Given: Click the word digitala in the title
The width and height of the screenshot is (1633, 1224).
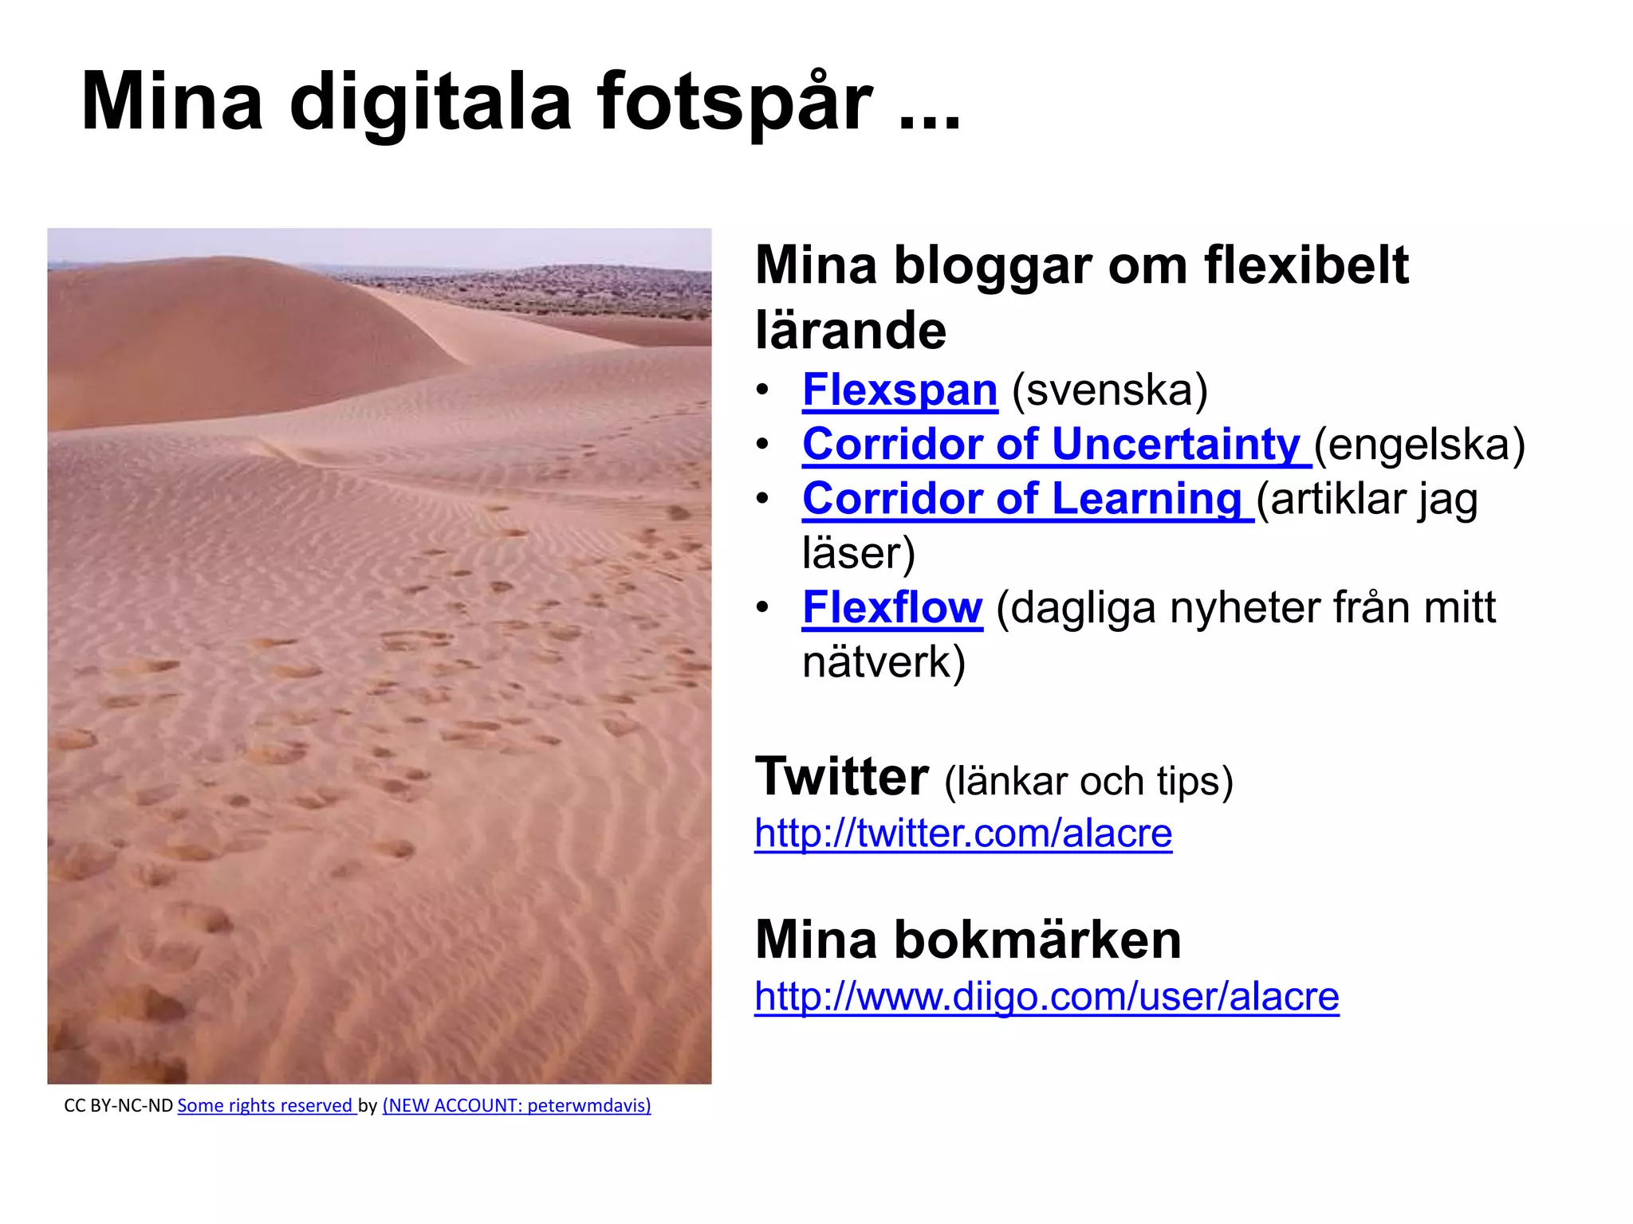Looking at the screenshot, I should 431,102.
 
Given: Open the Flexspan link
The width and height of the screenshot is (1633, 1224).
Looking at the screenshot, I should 899,390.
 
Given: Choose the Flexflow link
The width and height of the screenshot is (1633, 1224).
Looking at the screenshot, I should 892,608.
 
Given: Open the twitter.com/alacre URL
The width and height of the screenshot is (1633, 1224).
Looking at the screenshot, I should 963,834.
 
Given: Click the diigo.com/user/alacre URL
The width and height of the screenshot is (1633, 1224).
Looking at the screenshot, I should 1047,996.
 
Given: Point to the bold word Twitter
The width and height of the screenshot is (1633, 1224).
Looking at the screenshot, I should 841,777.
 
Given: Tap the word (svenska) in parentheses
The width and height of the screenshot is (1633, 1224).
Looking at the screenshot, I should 1110,390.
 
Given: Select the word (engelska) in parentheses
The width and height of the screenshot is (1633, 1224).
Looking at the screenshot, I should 1419,444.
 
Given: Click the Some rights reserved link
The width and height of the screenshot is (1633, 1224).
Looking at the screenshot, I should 265,1106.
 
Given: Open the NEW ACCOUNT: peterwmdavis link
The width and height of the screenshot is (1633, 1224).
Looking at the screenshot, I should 517,1106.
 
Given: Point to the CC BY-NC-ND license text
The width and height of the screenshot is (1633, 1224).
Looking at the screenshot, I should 118,1106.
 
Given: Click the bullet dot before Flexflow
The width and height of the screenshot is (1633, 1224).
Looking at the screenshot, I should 763,608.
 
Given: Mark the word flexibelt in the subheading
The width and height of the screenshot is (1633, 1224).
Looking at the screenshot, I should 1306,265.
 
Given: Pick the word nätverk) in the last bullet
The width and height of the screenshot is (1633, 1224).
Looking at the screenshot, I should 883,662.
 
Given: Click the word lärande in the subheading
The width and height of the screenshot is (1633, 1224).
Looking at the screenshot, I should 850,331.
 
